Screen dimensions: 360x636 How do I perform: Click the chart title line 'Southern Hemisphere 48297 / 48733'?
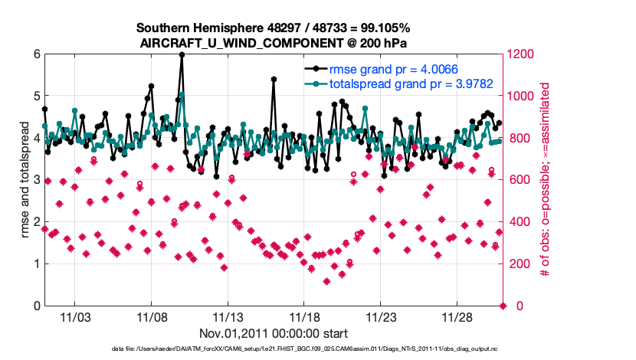point(274,28)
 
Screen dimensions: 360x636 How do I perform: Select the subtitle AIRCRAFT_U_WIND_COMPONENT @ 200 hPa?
point(274,43)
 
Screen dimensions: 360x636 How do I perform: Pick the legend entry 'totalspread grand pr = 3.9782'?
point(395,83)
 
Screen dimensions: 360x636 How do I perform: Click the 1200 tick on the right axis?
point(523,54)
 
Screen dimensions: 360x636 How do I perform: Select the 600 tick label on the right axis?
point(520,180)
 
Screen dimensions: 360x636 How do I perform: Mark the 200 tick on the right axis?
point(520,264)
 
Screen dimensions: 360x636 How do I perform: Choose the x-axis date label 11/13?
point(228,317)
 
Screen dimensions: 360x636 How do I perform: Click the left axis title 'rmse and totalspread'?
point(25,180)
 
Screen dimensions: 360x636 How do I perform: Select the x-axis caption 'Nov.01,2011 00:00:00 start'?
point(274,333)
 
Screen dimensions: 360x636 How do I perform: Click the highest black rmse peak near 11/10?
point(182,54)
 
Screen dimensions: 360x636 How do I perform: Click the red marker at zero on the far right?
point(503,306)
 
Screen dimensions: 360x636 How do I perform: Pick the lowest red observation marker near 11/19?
point(327,281)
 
